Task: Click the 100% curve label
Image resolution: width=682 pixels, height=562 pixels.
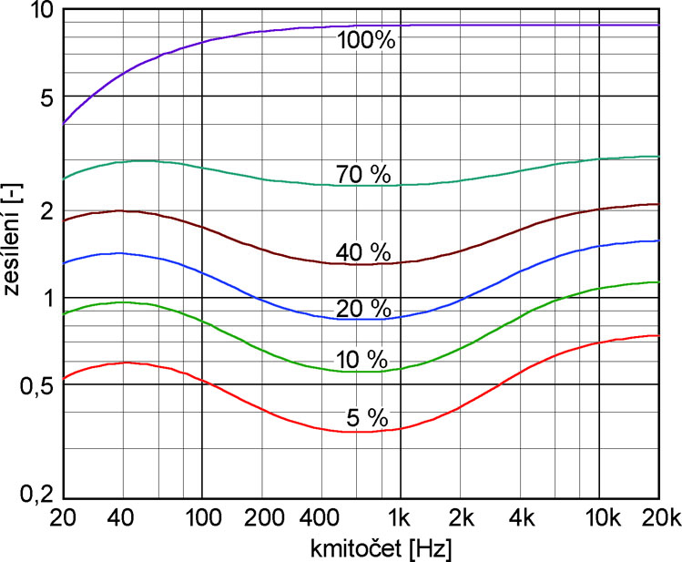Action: tap(367, 39)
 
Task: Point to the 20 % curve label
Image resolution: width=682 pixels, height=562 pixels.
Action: tap(362, 308)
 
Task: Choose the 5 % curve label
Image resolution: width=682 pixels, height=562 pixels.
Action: tap(367, 418)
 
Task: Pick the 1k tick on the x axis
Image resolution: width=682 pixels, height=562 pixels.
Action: tap(400, 519)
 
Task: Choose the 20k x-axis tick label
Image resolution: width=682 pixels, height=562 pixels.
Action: tap(658, 519)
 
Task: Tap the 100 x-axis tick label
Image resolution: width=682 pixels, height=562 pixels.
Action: tap(201, 519)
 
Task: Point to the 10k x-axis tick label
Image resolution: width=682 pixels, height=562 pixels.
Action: tap(599, 519)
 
